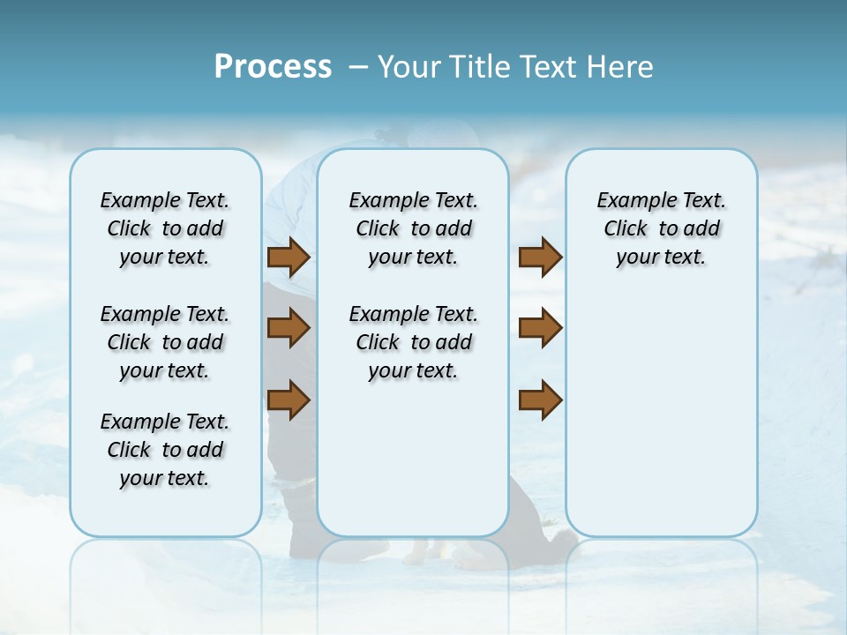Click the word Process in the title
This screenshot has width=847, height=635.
coord(273,67)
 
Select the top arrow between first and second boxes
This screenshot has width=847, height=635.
coord(289,258)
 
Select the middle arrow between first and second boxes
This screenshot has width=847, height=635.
coord(289,328)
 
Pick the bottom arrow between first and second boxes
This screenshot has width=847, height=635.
coord(289,400)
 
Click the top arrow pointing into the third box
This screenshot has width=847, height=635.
coord(540,258)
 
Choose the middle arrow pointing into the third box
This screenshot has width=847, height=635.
coord(540,328)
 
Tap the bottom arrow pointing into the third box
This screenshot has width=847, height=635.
coord(540,400)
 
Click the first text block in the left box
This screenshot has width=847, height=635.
coord(165,228)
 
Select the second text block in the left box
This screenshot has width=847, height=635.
coord(165,342)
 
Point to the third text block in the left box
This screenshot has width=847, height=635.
coord(165,450)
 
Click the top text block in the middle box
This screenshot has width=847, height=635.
coord(413,228)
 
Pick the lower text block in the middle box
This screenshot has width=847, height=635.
coord(413,342)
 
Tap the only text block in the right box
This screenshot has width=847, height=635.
coord(661,228)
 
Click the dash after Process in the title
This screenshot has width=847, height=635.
coord(357,67)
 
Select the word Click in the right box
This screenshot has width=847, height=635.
coord(626,229)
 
